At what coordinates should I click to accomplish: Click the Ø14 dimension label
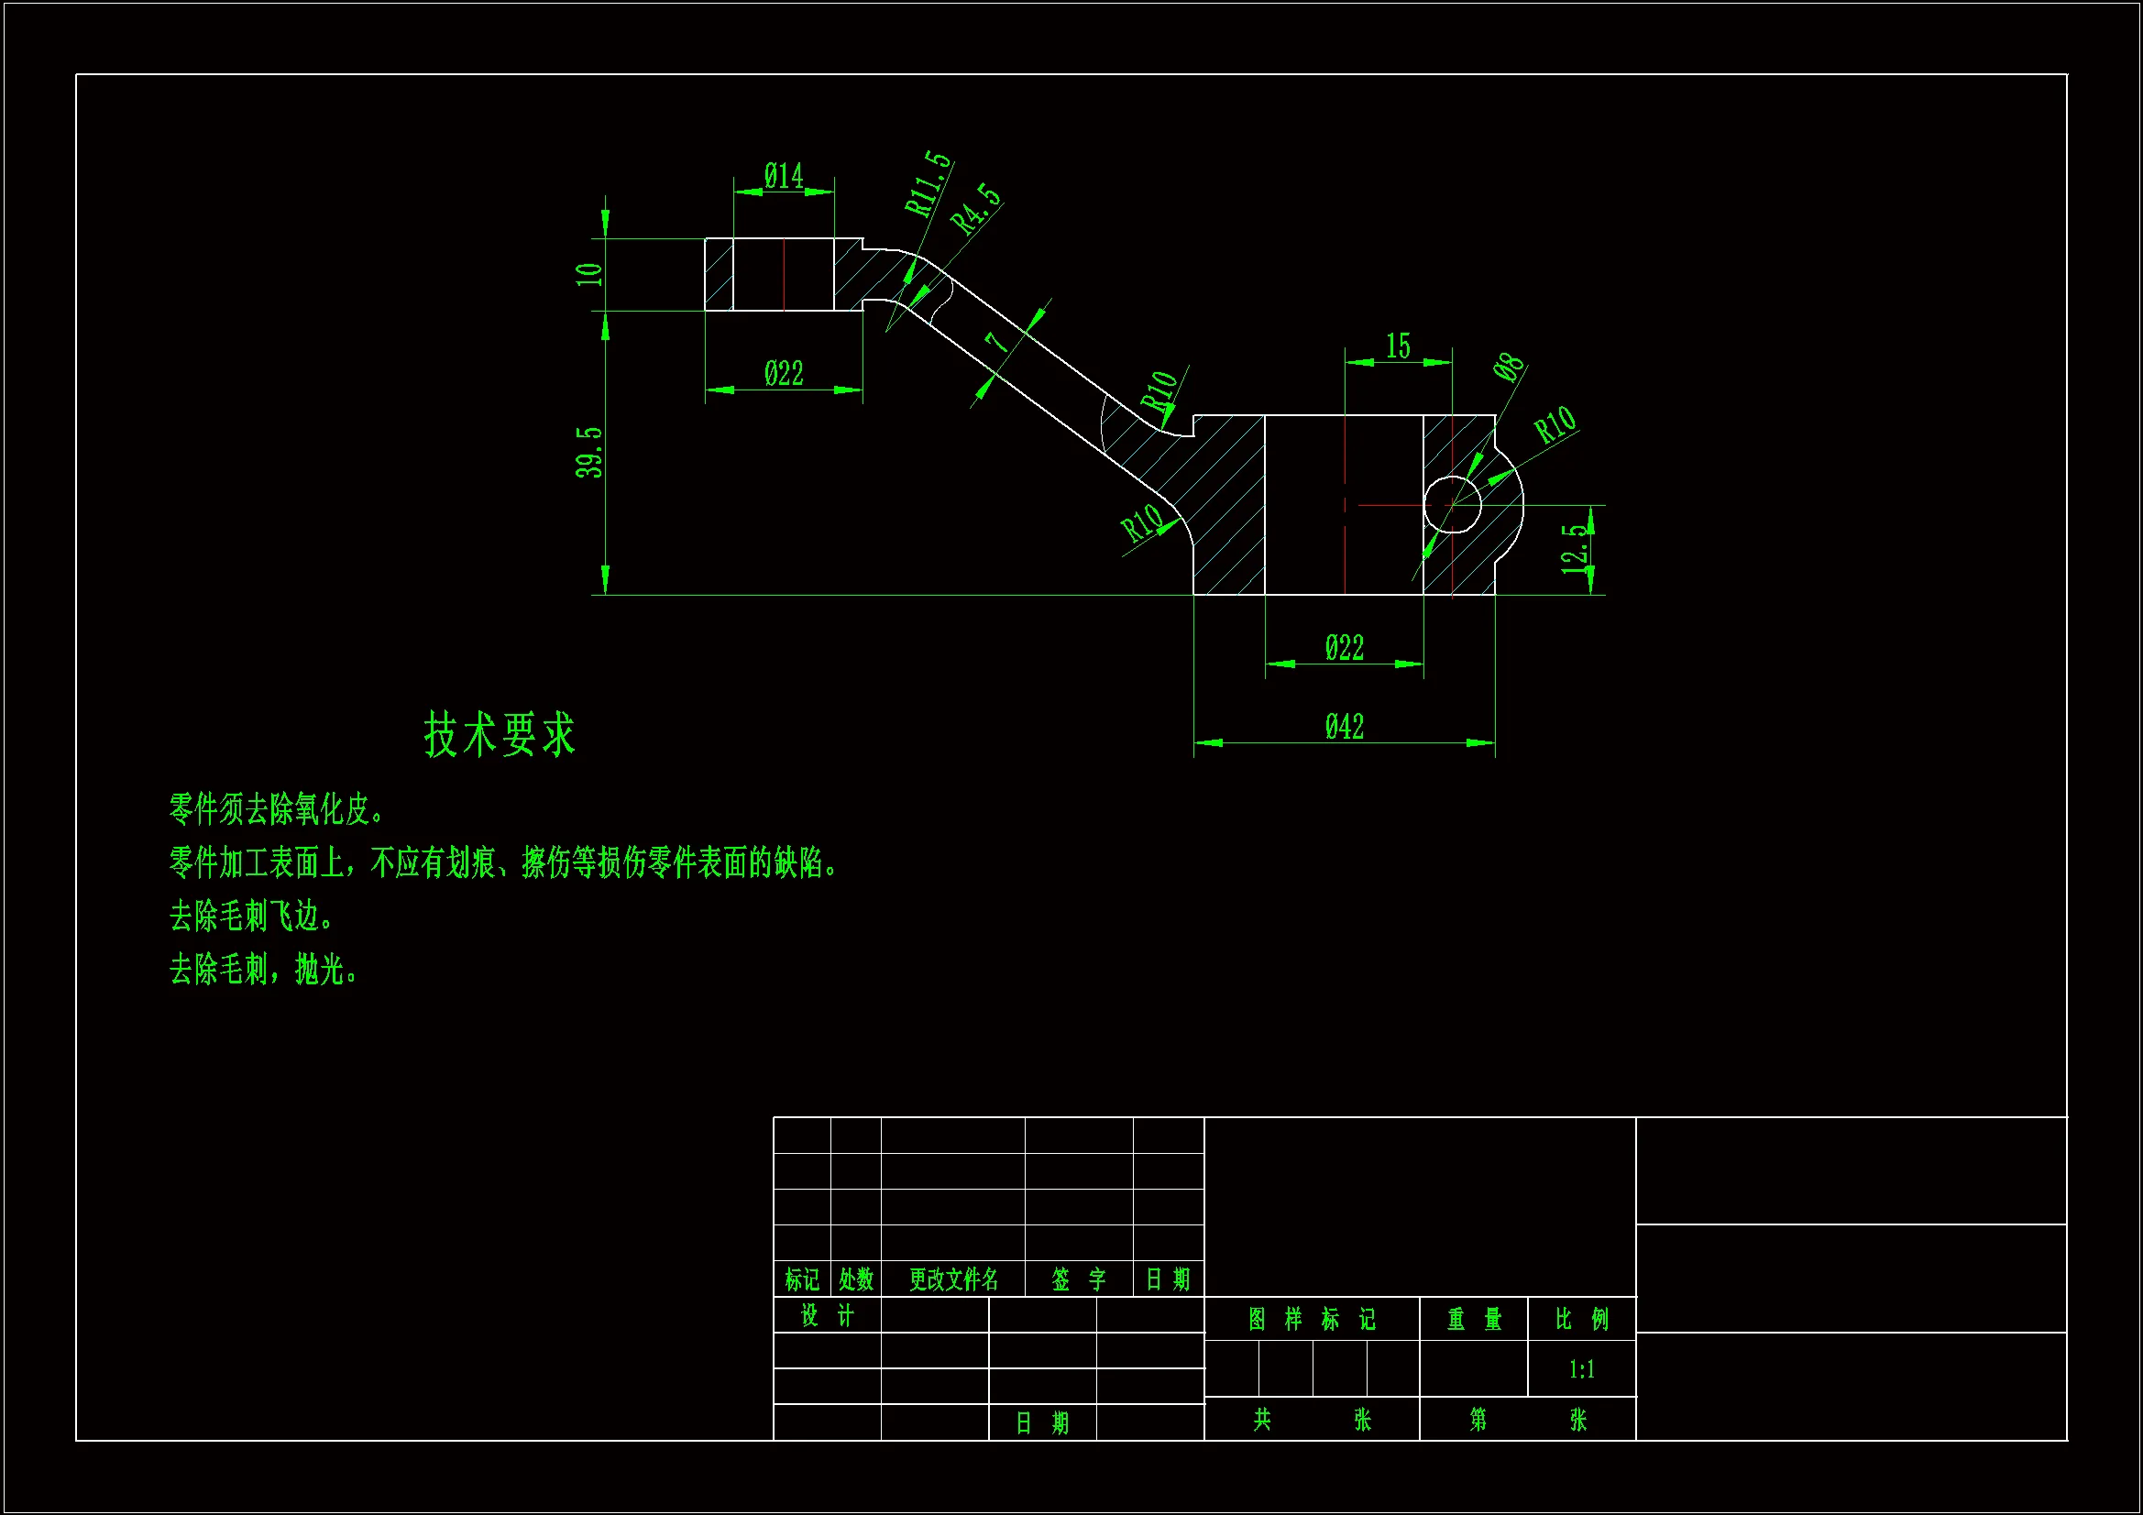(783, 175)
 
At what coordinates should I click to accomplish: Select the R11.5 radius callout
(928, 183)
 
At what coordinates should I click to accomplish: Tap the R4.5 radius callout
(975, 207)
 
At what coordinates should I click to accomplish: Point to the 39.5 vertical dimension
(589, 453)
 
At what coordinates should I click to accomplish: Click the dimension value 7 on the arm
(997, 342)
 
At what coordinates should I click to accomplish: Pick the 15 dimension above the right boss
(1397, 346)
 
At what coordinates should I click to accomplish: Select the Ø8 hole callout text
(1509, 367)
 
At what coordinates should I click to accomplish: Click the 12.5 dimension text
(1575, 548)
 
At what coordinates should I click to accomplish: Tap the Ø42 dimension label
(1344, 726)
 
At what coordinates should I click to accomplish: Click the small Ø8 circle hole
(1453, 504)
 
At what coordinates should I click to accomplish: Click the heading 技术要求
(500, 734)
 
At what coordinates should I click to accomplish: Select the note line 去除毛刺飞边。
(251, 917)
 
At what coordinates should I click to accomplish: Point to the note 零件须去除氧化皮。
(276, 809)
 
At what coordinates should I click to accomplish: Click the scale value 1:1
(1581, 1369)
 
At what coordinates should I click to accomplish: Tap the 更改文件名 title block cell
(953, 1279)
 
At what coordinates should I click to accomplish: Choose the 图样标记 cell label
(1312, 1319)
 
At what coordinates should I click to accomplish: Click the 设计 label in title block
(827, 1315)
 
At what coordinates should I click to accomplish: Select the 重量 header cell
(1474, 1319)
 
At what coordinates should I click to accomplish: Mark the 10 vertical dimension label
(589, 273)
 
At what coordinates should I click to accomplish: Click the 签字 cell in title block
(1078, 1279)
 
